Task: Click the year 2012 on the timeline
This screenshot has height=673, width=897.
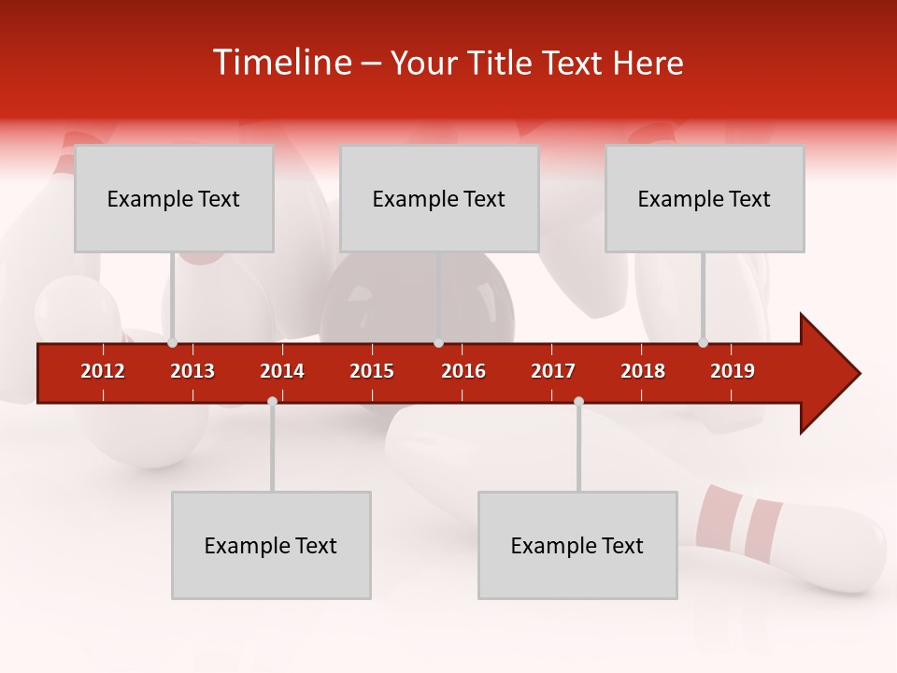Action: click(103, 371)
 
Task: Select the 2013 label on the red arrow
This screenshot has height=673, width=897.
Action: click(192, 371)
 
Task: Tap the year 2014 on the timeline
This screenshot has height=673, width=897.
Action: click(282, 371)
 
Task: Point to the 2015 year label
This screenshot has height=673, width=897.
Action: click(372, 371)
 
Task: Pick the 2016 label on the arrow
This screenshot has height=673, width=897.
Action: click(463, 371)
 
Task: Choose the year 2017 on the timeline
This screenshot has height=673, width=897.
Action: click(553, 371)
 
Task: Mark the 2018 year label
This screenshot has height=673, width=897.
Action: click(643, 371)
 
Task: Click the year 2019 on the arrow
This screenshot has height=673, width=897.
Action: click(733, 371)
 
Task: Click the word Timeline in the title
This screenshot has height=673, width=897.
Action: click(281, 63)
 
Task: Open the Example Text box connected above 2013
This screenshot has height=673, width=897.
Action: click(174, 198)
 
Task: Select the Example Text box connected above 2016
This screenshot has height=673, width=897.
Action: click(439, 198)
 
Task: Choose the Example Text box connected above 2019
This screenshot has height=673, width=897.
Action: click(705, 198)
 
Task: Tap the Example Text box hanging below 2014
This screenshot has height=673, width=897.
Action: click(271, 545)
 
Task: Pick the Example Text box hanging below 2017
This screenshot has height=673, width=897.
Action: click(577, 545)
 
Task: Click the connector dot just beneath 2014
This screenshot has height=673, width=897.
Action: click(272, 401)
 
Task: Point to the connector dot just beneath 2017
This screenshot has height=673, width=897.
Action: click(578, 401)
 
